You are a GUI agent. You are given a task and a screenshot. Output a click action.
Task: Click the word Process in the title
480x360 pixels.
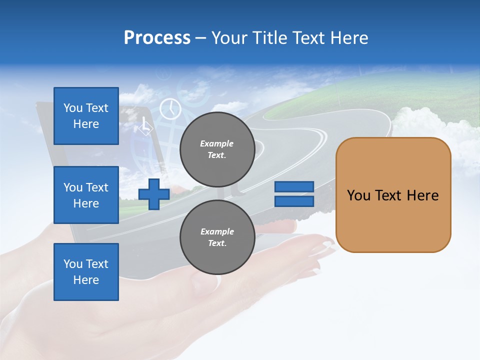tap(157, 38)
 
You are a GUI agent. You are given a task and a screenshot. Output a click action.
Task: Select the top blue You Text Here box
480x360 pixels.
tap(86, 116)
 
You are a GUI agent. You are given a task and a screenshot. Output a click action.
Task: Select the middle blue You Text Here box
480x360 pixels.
tap(86, 195)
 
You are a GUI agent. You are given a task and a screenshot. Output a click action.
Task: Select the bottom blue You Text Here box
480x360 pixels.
tap(86, 272)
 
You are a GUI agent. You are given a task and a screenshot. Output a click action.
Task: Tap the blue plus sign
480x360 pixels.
tap(154, 194)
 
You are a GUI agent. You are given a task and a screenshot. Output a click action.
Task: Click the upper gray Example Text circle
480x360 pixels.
tap(217, 149)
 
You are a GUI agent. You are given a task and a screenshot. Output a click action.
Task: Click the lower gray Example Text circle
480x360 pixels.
tap(217, 237)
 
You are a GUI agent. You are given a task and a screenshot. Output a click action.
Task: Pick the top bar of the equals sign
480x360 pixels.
tap(294, 186)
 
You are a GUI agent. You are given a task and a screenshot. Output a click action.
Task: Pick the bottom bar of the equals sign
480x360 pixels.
tap(294, 201)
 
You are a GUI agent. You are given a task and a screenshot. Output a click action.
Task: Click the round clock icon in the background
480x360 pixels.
tap(170, 108)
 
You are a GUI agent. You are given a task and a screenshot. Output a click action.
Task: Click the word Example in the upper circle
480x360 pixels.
tap(217, 143)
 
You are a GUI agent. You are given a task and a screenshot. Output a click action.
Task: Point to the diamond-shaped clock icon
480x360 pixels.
tap(145, 126)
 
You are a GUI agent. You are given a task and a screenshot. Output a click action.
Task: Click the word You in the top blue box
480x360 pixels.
tap(73, 108)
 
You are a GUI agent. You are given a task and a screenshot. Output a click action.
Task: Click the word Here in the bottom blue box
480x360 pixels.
tap(86, 280)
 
